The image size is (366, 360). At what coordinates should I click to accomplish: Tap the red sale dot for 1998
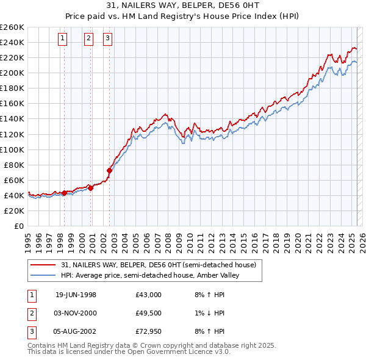[64, 193]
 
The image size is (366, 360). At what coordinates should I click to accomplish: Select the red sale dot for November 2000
[90, 188]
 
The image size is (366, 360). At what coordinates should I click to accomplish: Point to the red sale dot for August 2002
[110, 170]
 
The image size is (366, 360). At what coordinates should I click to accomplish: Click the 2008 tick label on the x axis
[167, 240]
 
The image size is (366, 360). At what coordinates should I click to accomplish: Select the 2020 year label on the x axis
[296, 240]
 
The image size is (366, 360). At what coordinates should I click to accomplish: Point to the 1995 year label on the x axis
[27, 240]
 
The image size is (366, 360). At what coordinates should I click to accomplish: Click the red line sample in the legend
[44, 265]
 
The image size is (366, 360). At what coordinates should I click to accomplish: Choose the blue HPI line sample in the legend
[44, 275]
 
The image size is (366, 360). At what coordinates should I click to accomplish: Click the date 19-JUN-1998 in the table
[76, 295]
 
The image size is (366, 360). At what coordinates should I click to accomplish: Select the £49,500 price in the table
[149, 313]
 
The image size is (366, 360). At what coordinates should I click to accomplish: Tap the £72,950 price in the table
[149, 331]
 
